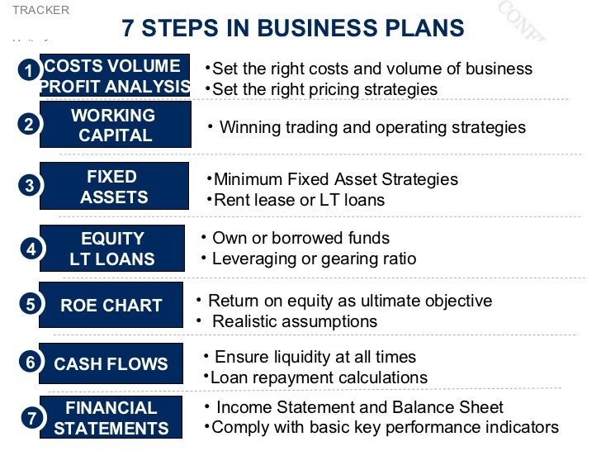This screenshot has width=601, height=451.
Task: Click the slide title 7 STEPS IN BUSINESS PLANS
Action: pyautogui.click(x=293, y=28)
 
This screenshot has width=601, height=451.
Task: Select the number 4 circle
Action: pyautogui.click(x=31, y=248)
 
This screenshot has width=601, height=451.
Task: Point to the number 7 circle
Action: pyautogui.click(x=31, y=418)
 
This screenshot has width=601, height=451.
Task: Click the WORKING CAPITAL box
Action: pyautogui.click(x=116, y=125)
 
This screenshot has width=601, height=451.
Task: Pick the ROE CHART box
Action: pyautogui.click(x=111, y=305)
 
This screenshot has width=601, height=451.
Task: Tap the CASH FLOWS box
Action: pyautogui.click(x=111, y=363)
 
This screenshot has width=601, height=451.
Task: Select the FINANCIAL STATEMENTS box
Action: pyautogui.click(x=111, y=418)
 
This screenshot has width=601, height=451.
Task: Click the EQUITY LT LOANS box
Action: pyautogui.click(x=112, y=249)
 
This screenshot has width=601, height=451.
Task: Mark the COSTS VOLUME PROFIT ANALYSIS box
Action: pyautogui.click(x=115, y=76)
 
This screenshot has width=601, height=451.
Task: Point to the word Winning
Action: pyautogui.click(x=249, y=127)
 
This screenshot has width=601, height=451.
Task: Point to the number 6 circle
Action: pyautogui.click(x=31, y=363)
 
